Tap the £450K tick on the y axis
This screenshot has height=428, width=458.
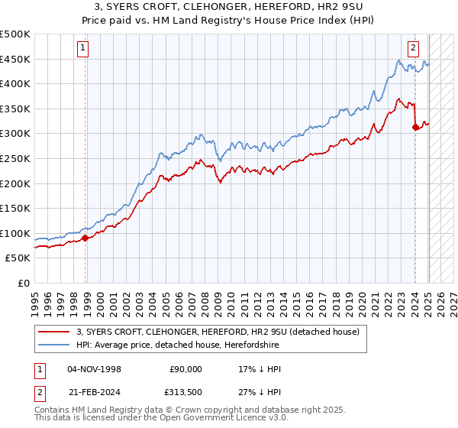[15, 59]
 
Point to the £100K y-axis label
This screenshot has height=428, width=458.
[15, 233]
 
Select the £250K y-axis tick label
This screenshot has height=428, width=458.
[15, 158]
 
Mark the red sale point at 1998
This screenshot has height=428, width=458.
[85, 238]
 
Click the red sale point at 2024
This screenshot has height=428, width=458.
[415, 127]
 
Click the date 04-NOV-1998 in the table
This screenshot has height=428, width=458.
[93, 368]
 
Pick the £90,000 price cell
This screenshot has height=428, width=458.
[185, 368]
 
